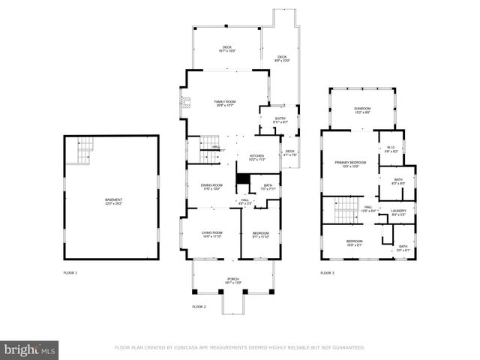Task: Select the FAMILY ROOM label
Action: (x=224, y=103)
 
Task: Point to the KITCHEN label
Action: (x=257, y=157)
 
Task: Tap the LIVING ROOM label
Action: (x=211, y=234)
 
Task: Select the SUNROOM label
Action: (x=363, y=110)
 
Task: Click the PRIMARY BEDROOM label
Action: (x=350, y=163)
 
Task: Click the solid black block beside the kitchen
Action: (x=243, y=181)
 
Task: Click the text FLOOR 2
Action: (x=199, y=307)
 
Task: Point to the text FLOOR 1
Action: (x=70, y=272)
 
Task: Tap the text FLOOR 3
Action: (x=327, y=273)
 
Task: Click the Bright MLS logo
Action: (x=30, y=349)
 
